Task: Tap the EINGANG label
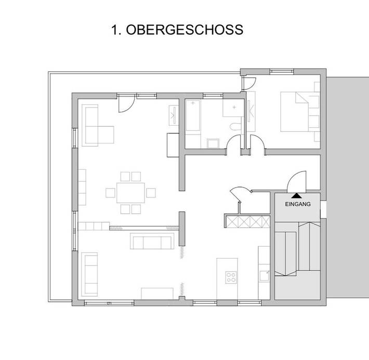pos(298,205)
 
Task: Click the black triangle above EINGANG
pos(296,196)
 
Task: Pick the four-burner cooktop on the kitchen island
pos(231,277)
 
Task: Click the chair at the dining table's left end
pos(110,193)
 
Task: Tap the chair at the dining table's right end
pos(151,193)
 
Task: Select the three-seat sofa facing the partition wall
pos(152,241)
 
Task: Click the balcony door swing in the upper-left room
pos(125,104)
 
